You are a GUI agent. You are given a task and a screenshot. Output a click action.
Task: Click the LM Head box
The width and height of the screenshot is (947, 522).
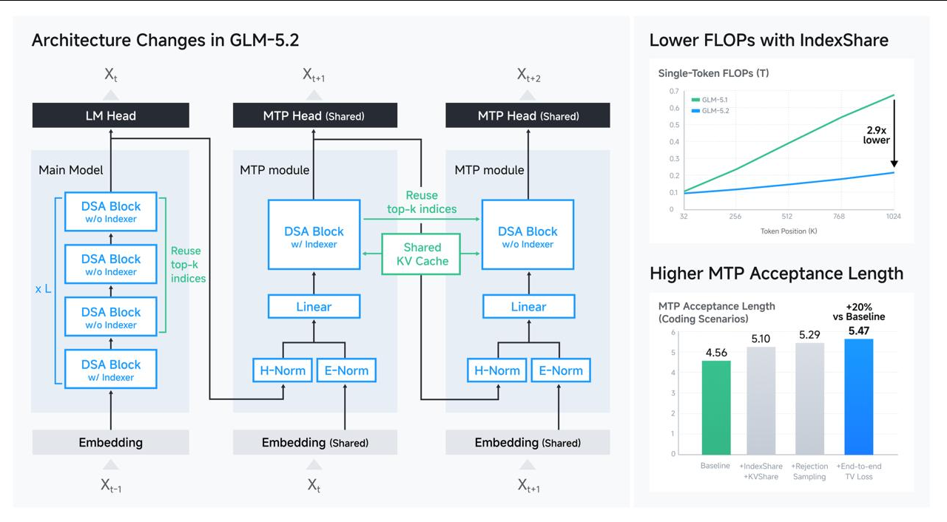[x=111, y=115]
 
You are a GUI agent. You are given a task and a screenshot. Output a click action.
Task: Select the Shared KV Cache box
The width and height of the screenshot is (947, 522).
[x=421, y=254]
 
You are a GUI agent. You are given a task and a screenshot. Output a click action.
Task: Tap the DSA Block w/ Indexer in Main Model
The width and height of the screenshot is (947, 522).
[x=111, y=369]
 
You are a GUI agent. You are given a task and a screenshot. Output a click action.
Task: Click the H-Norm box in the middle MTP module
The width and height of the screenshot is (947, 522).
[x=283, y=370]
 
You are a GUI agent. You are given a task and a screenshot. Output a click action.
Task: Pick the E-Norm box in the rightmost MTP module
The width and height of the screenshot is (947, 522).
[x=561, y=370]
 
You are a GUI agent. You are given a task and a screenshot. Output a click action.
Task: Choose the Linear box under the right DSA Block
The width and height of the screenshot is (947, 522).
[x=528, y=307]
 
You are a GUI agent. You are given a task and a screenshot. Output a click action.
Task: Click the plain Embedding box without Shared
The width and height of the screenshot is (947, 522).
[x=111, y=442]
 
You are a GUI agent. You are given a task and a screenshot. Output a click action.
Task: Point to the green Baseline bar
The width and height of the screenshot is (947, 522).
[x=716, y=407]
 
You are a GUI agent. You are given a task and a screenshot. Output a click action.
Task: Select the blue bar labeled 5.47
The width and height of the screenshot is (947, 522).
[x=859, y=396]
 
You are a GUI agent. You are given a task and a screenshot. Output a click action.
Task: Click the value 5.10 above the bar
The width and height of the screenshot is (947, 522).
[x=761, y=339]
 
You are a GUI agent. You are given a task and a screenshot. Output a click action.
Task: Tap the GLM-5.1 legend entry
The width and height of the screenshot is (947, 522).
[x=710, y=100]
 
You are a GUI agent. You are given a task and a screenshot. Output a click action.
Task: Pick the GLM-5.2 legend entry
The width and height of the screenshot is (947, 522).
[x=710, y=111]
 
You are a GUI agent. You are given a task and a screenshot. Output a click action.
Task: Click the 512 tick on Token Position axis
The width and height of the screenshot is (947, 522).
[x=786, y=216]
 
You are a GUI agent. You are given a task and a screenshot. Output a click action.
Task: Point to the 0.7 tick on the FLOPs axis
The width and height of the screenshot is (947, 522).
[x=674, y=91]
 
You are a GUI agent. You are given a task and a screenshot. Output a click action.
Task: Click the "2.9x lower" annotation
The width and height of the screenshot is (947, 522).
[x=876, y=135]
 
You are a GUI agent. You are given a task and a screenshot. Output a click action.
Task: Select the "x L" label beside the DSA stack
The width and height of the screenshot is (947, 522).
[x=43, y=289]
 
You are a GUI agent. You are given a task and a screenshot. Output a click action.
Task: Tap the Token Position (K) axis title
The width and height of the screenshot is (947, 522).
[x=789, y=231]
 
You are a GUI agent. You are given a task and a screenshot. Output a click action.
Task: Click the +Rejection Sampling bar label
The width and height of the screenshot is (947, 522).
[x=809, y=471]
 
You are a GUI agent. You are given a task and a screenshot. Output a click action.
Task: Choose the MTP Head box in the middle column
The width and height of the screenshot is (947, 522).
[x=315, y=115]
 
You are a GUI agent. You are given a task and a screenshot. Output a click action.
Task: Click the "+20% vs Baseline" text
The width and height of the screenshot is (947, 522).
[x=859, y=312]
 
